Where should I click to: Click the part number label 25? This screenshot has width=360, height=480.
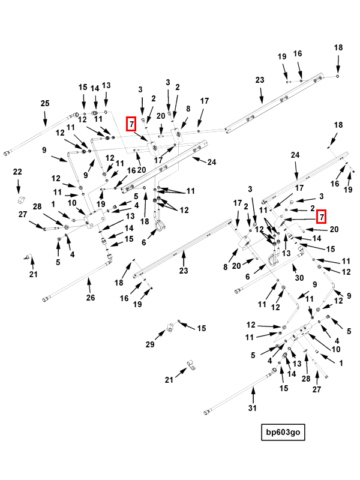45,104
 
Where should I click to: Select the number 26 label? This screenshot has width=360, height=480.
91,297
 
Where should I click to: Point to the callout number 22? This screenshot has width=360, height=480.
17,172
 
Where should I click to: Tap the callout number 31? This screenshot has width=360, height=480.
253,408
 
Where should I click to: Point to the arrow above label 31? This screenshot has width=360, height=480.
253,395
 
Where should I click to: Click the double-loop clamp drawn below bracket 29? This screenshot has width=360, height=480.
189,365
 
